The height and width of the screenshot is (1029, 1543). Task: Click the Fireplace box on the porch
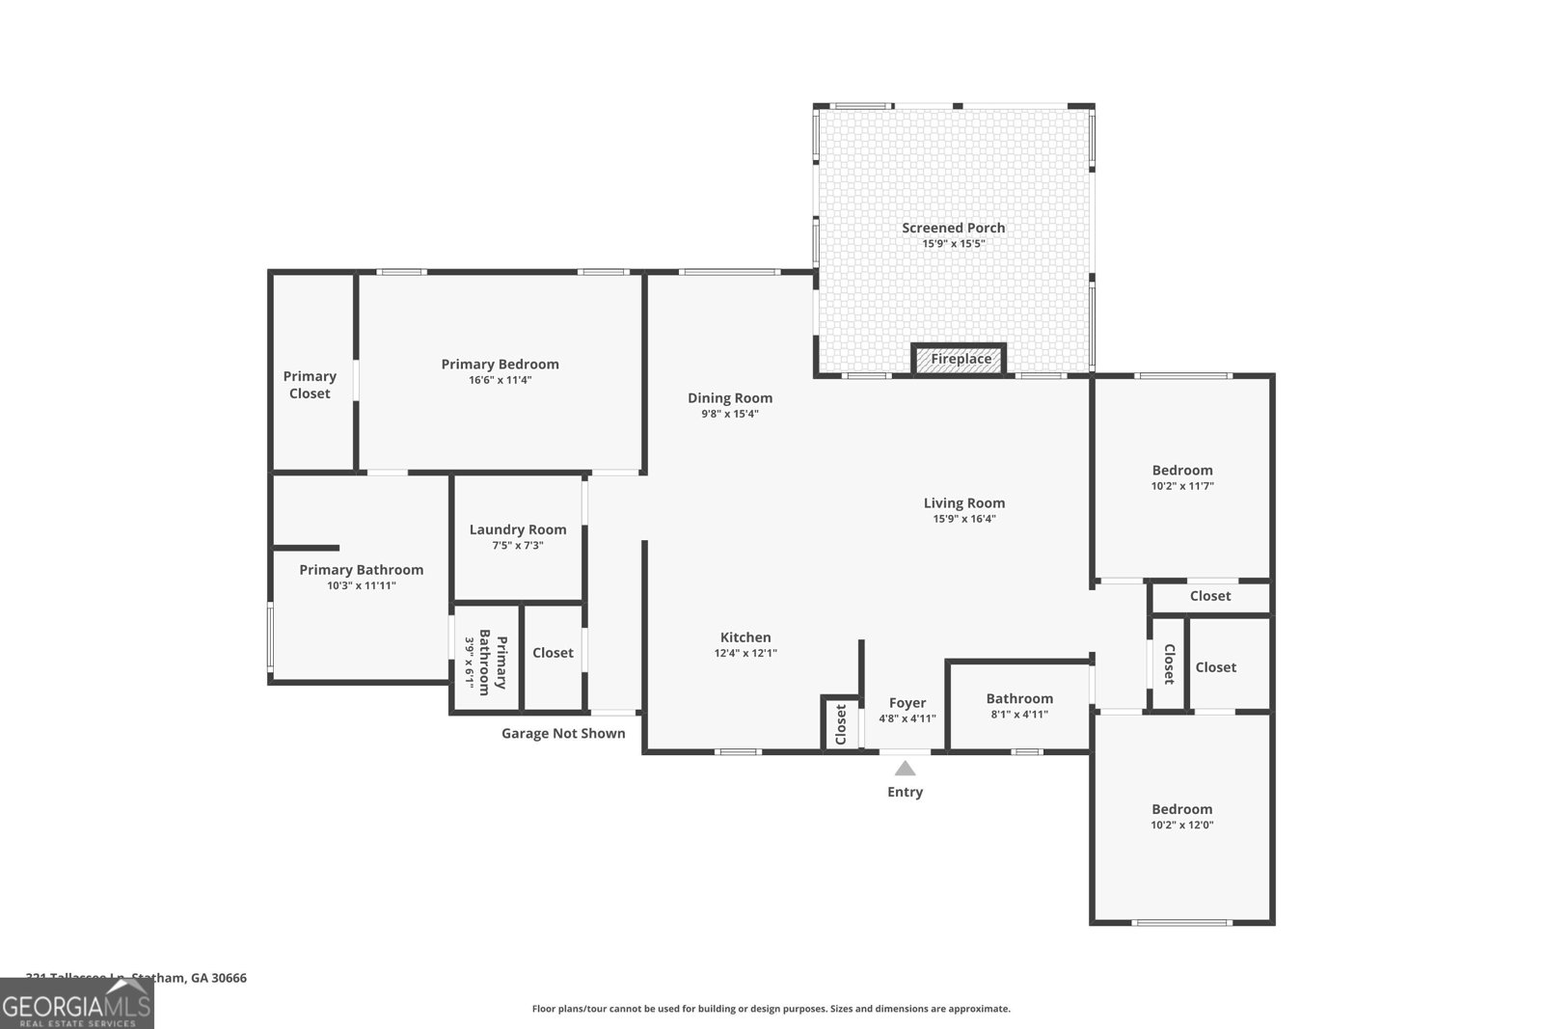(x=960, y=359)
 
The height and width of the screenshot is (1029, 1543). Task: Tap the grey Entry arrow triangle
(x=905, y=769)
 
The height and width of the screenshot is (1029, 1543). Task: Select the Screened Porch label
(x=953, y=228)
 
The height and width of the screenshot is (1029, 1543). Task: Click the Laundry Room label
(x=518, y=529)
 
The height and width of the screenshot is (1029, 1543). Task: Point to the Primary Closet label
(x=310, y=385)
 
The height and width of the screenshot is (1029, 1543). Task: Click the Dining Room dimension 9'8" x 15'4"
(x=730, y=414)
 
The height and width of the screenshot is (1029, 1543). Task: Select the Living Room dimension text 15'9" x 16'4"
(x=964, y=519)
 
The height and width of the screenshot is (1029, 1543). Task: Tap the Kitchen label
(x=745, y=637)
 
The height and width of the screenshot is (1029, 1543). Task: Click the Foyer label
(x=907, y=703)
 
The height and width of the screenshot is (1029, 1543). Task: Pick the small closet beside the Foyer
(x=840, y=722)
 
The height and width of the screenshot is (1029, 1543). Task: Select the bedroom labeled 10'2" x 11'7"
(x=1182, y=477)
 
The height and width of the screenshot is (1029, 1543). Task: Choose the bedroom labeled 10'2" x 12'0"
(x=1182, y=816)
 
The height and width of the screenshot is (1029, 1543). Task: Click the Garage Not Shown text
(x=563, y=733)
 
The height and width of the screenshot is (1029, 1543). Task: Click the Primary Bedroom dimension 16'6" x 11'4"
(x=500, y=380)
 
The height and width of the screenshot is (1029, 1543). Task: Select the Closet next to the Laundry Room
(x=553, y=653)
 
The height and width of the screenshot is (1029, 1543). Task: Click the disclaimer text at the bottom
(x=771, y=1009)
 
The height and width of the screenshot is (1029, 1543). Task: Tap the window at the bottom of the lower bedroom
(x=1181, y=923)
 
